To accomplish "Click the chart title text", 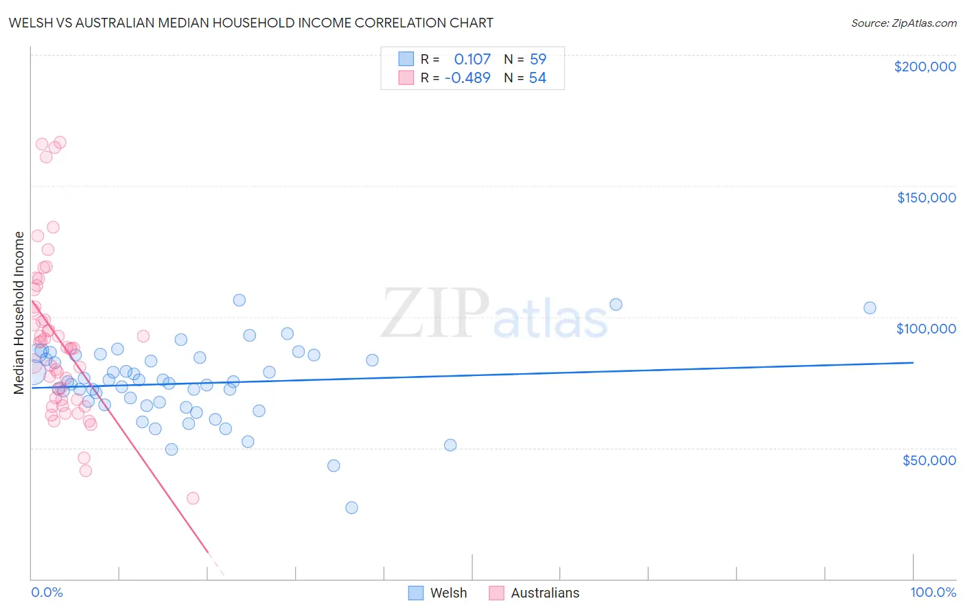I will pyautogui.click(x=251, y=23).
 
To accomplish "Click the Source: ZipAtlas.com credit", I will pyautogui.click(x=903, y=23).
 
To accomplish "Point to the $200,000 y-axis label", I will pyautogui.click(x=925, y=67).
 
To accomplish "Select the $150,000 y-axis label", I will pyautogui.click(x=926, y=198).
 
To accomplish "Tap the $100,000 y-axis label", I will pyautogui.click(x=926, y=329).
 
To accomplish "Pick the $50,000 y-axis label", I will pyautogui.click(x=929, y=460).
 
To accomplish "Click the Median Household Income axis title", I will pyautogui.click(x=19, y=313).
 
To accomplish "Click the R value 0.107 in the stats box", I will pyautogui.click(x=472, y=59).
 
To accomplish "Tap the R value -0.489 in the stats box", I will pyautogui.click(x=467, y=78).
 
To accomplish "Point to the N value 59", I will pyautogui.click(x=537, y=59).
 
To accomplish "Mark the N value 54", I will pyautogui.click(x=537, y=78).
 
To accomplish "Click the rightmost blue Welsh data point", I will pyautogui.click(x=870, y=308).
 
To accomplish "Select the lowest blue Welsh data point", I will pyautogui.click(x=351, y=508).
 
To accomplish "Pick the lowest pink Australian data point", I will pyautogui.click(x=193, y=498).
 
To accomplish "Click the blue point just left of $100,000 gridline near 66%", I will pyautogui.click(x=616, y=305).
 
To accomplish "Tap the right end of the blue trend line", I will pyautogui.click(x=913, y=362).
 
